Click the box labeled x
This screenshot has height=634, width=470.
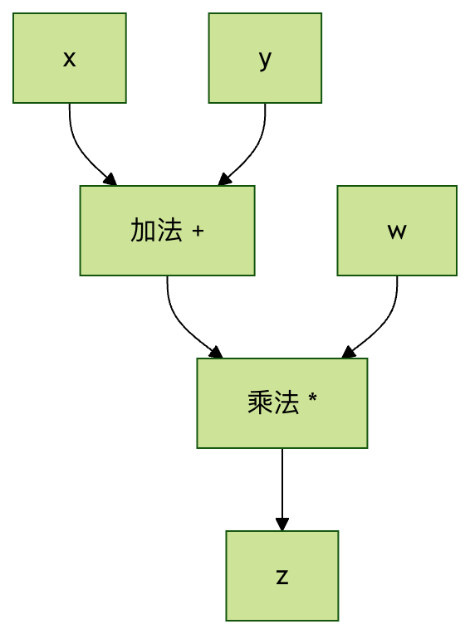tap(70, 58)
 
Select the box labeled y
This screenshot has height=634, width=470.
tap(265, 58)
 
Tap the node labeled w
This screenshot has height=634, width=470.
tap(397, 231)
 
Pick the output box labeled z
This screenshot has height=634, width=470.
tap(282, 575)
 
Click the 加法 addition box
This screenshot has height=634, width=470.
tap(167, 231)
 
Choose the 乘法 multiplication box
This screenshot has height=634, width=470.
tap(282, 402)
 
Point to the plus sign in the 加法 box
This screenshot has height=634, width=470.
tap(198, 232)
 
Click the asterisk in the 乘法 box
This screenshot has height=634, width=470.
tap(312, 397)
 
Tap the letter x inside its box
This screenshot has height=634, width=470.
tap(70, 59)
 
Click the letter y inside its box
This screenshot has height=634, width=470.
tap(265, 61)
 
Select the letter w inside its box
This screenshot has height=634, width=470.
tap(397, 232)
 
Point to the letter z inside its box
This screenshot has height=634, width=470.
tap(282, 577)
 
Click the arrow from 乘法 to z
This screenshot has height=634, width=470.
tap(282, 490)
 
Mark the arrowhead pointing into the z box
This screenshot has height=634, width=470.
tap(282, 524)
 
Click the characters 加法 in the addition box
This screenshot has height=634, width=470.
tap(156, 231)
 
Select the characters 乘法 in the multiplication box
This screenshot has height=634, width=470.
tap(273, 402)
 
